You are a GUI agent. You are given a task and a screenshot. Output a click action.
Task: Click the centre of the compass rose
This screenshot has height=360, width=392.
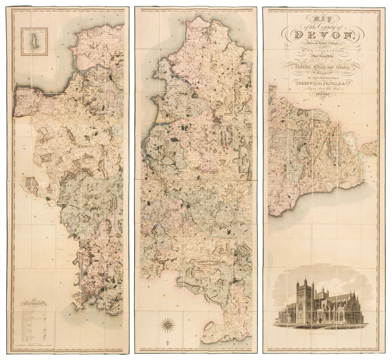click(x=167, y=325)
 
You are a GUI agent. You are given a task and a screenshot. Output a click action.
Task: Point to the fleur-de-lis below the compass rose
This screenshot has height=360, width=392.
click(x=167, y=341)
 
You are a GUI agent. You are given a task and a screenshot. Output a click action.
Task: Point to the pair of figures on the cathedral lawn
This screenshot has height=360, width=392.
click(x=308, y=323)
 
